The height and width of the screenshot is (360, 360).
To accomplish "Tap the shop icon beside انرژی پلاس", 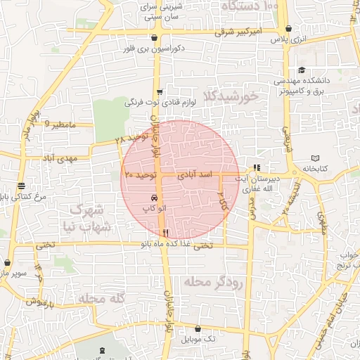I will tap(288, 29).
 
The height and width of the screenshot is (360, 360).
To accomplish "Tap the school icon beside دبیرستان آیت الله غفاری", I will tap(256, 167).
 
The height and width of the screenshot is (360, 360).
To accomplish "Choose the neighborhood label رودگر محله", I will tap(213, 282).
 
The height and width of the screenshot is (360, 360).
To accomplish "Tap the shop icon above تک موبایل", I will tap(198, 328).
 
